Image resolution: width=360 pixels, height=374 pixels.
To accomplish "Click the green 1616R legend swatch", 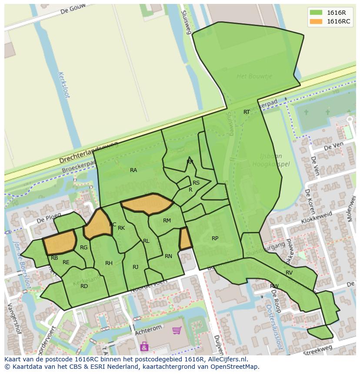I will [316, 13].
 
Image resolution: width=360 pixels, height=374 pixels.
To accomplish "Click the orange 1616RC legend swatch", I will [316, 21].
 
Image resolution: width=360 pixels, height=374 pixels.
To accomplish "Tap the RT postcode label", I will [247, 112].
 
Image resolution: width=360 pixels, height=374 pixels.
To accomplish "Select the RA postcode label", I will [133, 170].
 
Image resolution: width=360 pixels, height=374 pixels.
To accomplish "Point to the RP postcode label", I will [215, 238].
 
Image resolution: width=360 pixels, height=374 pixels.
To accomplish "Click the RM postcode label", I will [167, 221].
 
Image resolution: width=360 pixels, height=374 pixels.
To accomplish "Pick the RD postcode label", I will [84, 286].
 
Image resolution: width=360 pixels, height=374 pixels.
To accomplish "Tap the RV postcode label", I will [289, 273].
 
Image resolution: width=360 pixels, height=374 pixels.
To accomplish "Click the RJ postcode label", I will [135, 267].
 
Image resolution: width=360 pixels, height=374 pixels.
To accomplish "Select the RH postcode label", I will [109, 263].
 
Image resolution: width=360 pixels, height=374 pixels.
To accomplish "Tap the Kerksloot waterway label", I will [63, 85].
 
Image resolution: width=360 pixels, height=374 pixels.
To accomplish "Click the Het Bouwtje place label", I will [254, 76].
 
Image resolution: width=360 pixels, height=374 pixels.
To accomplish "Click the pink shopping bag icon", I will [144, 346].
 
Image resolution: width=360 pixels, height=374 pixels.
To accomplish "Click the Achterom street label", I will [148, 327].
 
